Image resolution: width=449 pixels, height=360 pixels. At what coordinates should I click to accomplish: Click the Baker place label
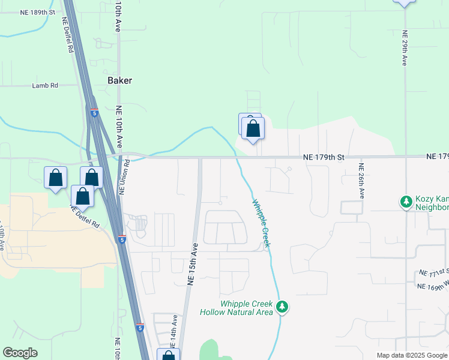click(119, 80)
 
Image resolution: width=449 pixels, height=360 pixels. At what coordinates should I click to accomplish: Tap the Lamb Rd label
click(45, 86)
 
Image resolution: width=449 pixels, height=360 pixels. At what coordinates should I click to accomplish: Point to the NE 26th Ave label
click(362, 181)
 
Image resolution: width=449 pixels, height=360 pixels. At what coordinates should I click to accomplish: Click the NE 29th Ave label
click(405, 48)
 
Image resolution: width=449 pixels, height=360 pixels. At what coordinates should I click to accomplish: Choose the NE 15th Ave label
click(193, 263)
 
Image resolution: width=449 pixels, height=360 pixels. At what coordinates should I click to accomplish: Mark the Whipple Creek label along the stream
click(261, 223)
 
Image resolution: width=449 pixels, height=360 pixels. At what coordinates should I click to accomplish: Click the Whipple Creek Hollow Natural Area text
click(247, 308)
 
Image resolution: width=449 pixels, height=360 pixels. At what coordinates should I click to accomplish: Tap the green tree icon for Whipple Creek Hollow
click(282, 307)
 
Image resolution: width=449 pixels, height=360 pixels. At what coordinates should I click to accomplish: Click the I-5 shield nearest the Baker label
click(94, 112)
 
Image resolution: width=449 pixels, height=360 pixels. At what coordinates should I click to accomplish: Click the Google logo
click(20, 353)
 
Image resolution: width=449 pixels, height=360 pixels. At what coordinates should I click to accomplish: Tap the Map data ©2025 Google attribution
click(411, 355)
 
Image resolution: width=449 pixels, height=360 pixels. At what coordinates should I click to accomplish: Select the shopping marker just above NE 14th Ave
click(168, 356)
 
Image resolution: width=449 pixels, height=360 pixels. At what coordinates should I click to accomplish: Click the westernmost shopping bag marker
click(55, 178)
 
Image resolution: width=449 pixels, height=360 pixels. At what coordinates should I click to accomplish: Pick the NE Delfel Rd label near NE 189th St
click(68, 34)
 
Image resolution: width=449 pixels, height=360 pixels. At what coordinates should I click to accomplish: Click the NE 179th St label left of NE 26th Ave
click(324, 157)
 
